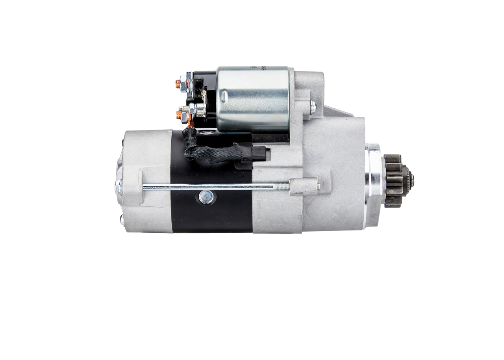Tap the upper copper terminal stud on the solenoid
pos(178,84)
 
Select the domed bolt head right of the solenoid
pos(313,107)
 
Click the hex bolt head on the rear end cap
pos(118,187)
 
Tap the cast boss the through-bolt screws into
pos(303,186)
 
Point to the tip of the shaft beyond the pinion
pos(412,180)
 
